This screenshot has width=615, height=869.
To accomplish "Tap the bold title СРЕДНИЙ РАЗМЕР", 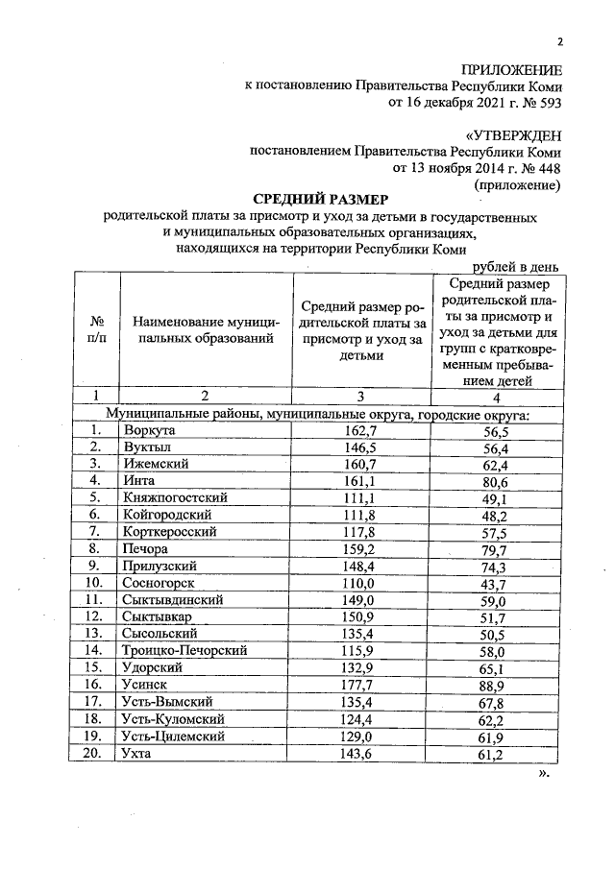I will pyautogui.click(x=321, y=200).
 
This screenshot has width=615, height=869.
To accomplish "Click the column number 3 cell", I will pyautogui.click(x=360, y=395).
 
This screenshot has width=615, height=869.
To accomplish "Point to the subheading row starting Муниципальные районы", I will pyautogui.click(x=317, y=413).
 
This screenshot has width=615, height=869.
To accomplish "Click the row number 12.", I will pyautogui.click(x=93, y=617).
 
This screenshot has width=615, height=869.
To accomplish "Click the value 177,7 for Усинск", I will pyautogui.click(x=359, y=686).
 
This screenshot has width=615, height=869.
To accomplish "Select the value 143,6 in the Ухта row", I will pyautogui.click(x=359, y=754).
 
